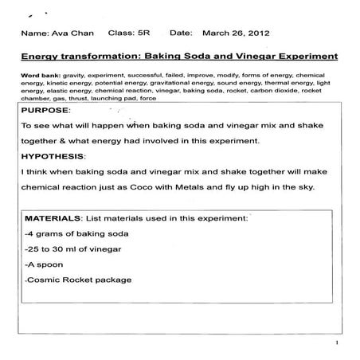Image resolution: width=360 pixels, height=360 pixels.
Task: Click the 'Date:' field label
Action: [182, 35]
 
